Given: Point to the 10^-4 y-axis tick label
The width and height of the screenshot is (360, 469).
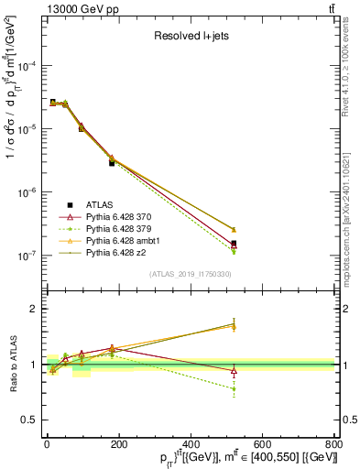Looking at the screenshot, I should click(27, 66).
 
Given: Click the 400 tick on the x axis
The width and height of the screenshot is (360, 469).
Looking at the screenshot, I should click(190, 444).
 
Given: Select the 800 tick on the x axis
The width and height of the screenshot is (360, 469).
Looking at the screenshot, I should click(333, 444).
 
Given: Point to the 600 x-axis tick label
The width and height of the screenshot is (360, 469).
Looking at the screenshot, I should click(261, 444).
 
